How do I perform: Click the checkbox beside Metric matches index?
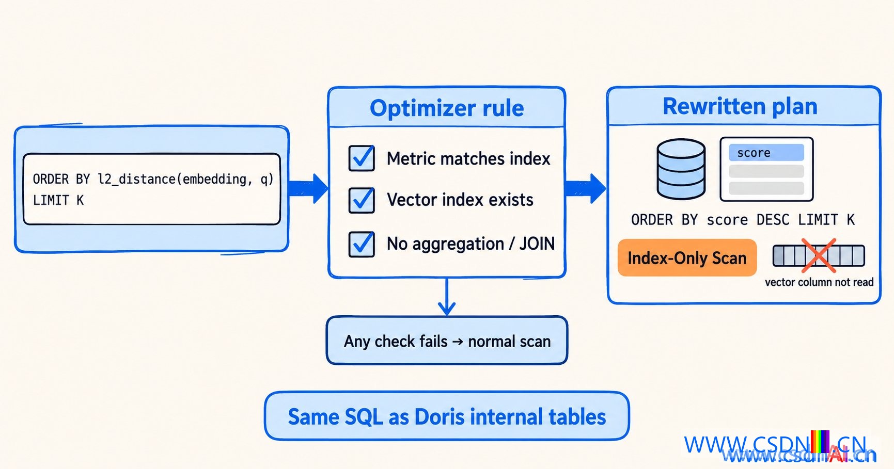tap(362, 158)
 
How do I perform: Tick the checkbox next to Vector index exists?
tap(362, 200)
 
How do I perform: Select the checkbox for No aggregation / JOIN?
tap(362, 244)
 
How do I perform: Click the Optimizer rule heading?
tap(447, 108)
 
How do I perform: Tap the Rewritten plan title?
tap(740, 106)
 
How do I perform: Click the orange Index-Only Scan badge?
tap(687, 257)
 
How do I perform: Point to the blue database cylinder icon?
tap(681, 169)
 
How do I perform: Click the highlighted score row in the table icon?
tap(766, 153)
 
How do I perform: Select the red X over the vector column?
tap(819, 255)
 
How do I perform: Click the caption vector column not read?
tap(819, 282)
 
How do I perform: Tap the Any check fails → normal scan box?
tap(447, 341)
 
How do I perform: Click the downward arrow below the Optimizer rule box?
tap(447, 297)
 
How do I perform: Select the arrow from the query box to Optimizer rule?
tap(308, 188)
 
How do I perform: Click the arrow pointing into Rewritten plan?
tap(586, 188)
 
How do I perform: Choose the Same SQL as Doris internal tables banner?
tap(447, 416)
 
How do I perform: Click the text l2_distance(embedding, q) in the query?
tap(185, 179)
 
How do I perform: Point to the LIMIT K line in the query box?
tap(58, 200)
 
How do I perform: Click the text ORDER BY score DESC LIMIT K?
tap(743, 220)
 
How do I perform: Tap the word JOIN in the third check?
tap(537, 244)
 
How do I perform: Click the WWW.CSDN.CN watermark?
tap(775, 445)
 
